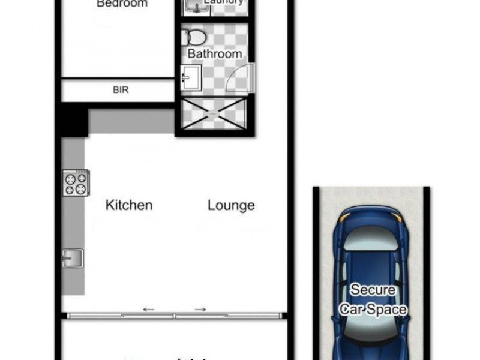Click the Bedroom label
point(122,4)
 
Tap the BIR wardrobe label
point(121,91)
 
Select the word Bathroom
point(215,53)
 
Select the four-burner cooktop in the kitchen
point(76,182)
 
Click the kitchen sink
point(72,258)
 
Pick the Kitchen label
point(129,205)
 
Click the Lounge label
point(231,205)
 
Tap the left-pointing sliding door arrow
point(148,310)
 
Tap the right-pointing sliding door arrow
point(200,310)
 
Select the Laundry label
point(223,2)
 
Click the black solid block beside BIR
point(72,118)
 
